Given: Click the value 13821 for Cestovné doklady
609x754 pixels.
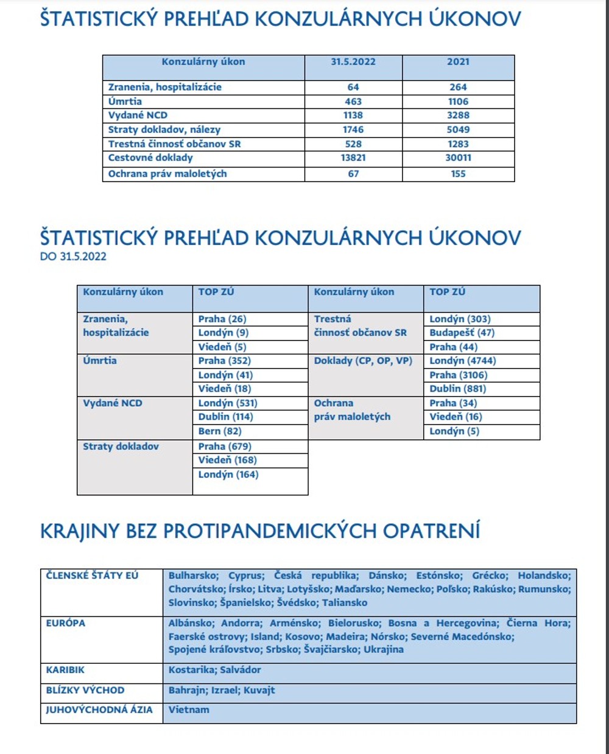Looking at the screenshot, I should pyautogui.click(x=353, y=158).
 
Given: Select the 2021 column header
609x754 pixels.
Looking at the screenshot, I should pyautogui.click(x=458, y=62).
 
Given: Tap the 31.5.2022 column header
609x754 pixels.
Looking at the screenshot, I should pyautogui.click(x=353, y=62).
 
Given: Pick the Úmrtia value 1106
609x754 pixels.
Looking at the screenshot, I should pyautogui.click(x=458, y=102).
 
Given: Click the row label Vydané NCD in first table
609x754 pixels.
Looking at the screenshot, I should pyautogui.click(x=138, y=115).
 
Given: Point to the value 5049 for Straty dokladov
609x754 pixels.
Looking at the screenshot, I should pyautogui.click(x=458, y=130).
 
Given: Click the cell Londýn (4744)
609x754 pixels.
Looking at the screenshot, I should pyautogui.click(x=462, y=361).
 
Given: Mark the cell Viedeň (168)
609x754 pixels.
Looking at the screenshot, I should pyautogui.click(x=227, y=460).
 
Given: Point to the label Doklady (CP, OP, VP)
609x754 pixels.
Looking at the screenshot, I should pyautogui.click(x=363, y=361).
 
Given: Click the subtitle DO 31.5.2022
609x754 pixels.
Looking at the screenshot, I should pyautogui.click(x=73, y=256).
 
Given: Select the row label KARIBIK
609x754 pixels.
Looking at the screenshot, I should pyautogui.click(x=65, y=670).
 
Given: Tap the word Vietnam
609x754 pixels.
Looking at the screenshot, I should pyautogui.click(x=189, y=710).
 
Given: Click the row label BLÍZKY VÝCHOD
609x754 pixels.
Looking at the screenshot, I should pyautogui.click(x=85, y=690).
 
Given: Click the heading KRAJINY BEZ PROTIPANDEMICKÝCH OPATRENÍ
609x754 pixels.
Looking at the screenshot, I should pyautogui.click(x=260, y=530).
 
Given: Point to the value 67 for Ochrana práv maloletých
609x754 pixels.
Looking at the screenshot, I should pyautogui.click(x=353, y=174).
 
